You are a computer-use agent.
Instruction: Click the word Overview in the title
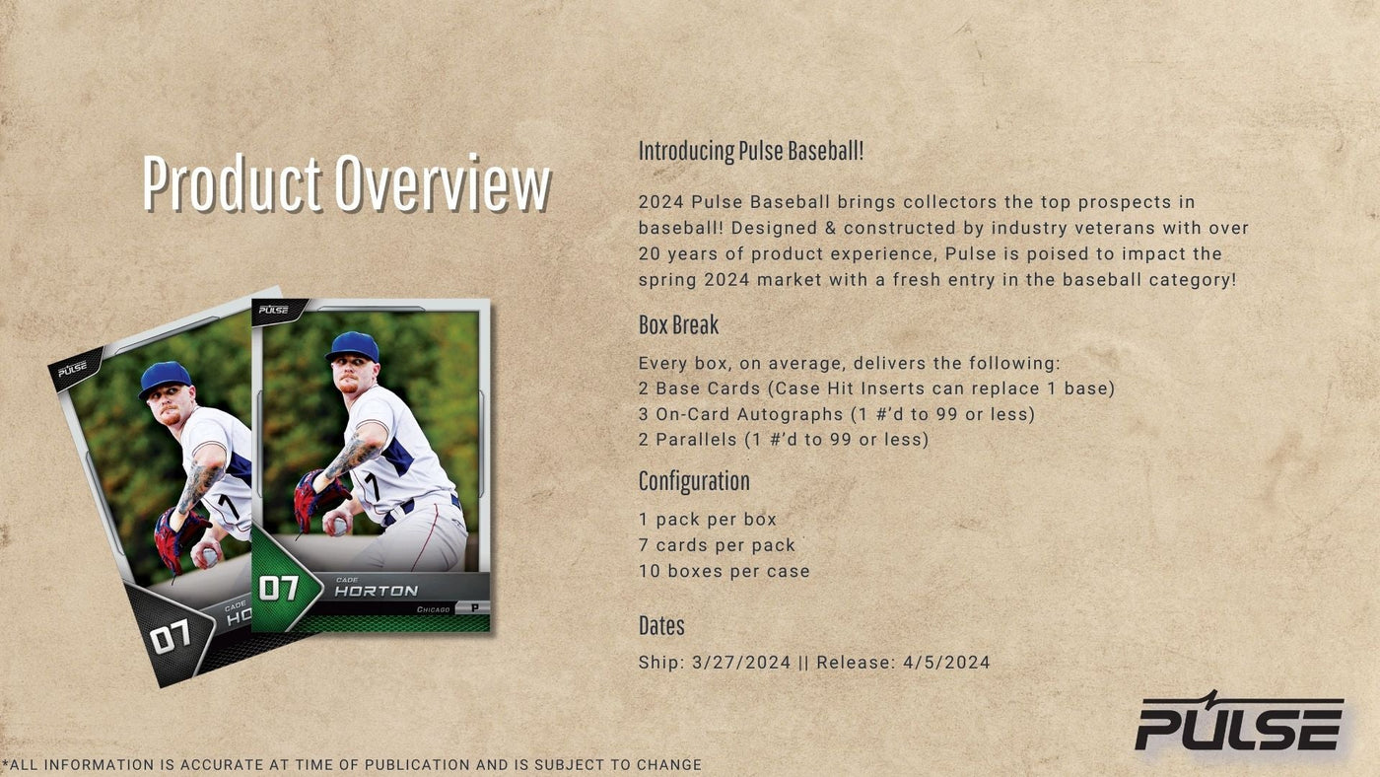coord(443,183)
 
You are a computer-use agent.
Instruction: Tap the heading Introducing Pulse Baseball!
coord(751,151)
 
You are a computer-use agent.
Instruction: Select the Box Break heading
coord(678,324)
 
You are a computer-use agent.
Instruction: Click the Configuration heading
coord(694,481)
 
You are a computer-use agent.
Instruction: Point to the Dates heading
coord(661,625)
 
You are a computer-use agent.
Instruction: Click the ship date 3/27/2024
coord(741,663)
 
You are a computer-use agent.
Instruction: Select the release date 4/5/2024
coord(946,663)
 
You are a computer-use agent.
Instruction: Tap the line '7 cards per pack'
coord(717,545)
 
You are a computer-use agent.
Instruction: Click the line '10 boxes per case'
coord(724,571)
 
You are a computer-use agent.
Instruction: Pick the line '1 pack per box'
coord(708,520)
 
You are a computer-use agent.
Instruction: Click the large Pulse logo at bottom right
coord(1239,722)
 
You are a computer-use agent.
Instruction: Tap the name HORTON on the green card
coord(377,592)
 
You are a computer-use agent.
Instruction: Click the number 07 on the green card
coord(279,589)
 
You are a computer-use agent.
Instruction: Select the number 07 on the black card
coord(170,636)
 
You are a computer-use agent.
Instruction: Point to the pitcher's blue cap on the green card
coord(353,347)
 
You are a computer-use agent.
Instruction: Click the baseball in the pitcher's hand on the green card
coord(338,527)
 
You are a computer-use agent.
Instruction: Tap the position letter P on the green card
coord(474,608)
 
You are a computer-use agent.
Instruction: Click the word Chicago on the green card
coord(434,609)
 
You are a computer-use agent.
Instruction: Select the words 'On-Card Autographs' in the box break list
coord(749,414)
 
